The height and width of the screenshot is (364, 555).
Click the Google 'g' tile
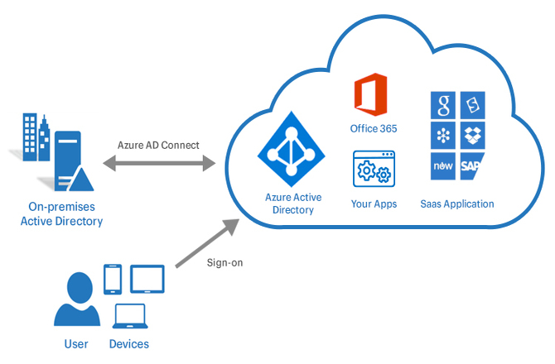point(443,105)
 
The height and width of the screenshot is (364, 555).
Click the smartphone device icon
point(113,280)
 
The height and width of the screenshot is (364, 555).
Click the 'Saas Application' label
point(457,204)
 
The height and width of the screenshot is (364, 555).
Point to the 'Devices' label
point(129,343)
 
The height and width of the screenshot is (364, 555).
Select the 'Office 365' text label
point(374,128)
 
